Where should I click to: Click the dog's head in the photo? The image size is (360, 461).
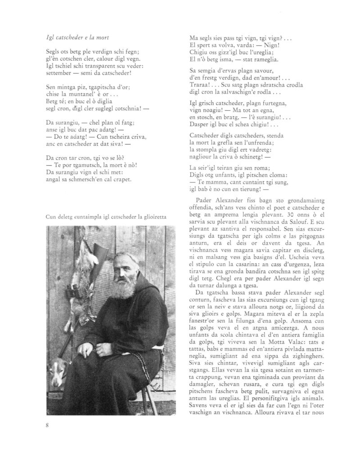(x=56, y=371)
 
